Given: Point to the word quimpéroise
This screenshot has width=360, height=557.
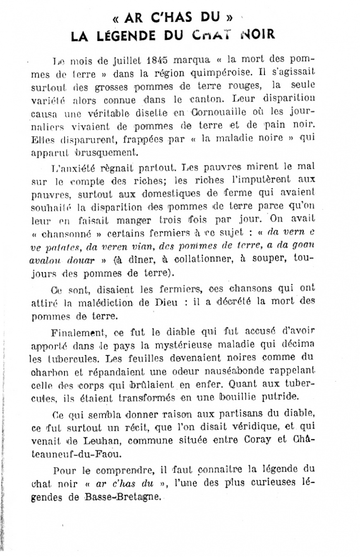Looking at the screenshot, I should [x=219, y=74].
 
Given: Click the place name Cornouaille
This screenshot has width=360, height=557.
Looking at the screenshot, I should [x=214, y=113].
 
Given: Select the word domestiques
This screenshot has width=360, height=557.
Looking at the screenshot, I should [x=171, y=193].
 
